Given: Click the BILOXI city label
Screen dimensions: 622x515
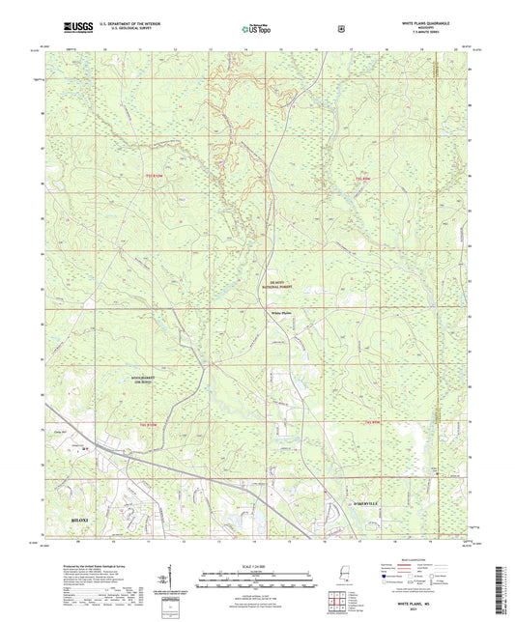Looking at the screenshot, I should pos(83,519).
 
